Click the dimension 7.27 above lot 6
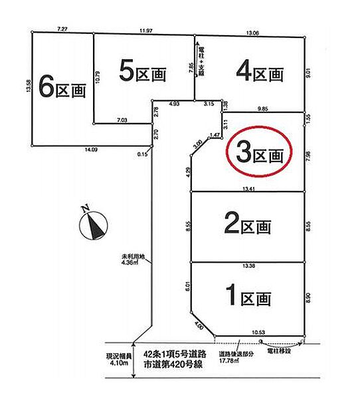pos(63,29)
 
